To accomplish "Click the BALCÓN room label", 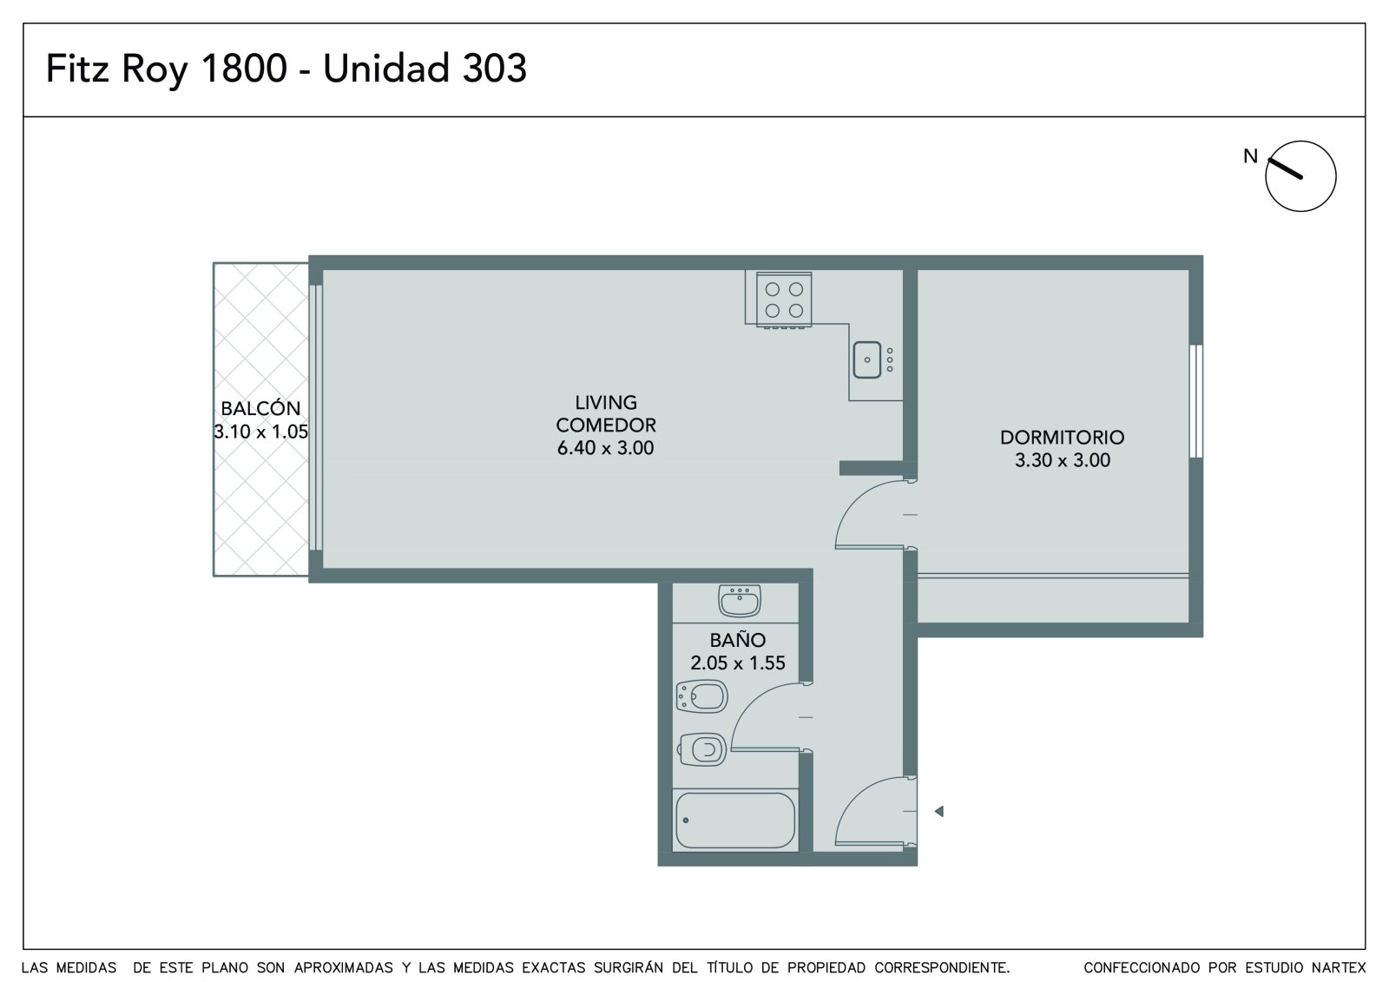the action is click(260, 408).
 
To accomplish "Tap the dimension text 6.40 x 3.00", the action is click(605, 448).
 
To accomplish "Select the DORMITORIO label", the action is click(1062, 438).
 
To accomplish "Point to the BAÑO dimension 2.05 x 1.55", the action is click(738, 663).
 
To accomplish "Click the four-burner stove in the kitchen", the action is click(784, 300).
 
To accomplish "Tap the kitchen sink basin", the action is click(867, 359).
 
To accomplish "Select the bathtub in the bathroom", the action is click(735, 821).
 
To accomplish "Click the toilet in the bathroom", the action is click(702, 749).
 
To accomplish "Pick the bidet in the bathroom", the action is click(702, 696).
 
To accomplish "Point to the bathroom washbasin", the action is click(739, 601).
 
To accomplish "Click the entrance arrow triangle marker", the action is click(938, 811).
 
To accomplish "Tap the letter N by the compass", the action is click(1250, 156).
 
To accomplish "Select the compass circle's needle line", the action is click(1284, 168).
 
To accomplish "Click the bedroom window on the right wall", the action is click(1196, 401).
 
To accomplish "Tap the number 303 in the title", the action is click(494, 68).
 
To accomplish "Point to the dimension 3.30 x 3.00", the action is click(1063, 460).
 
